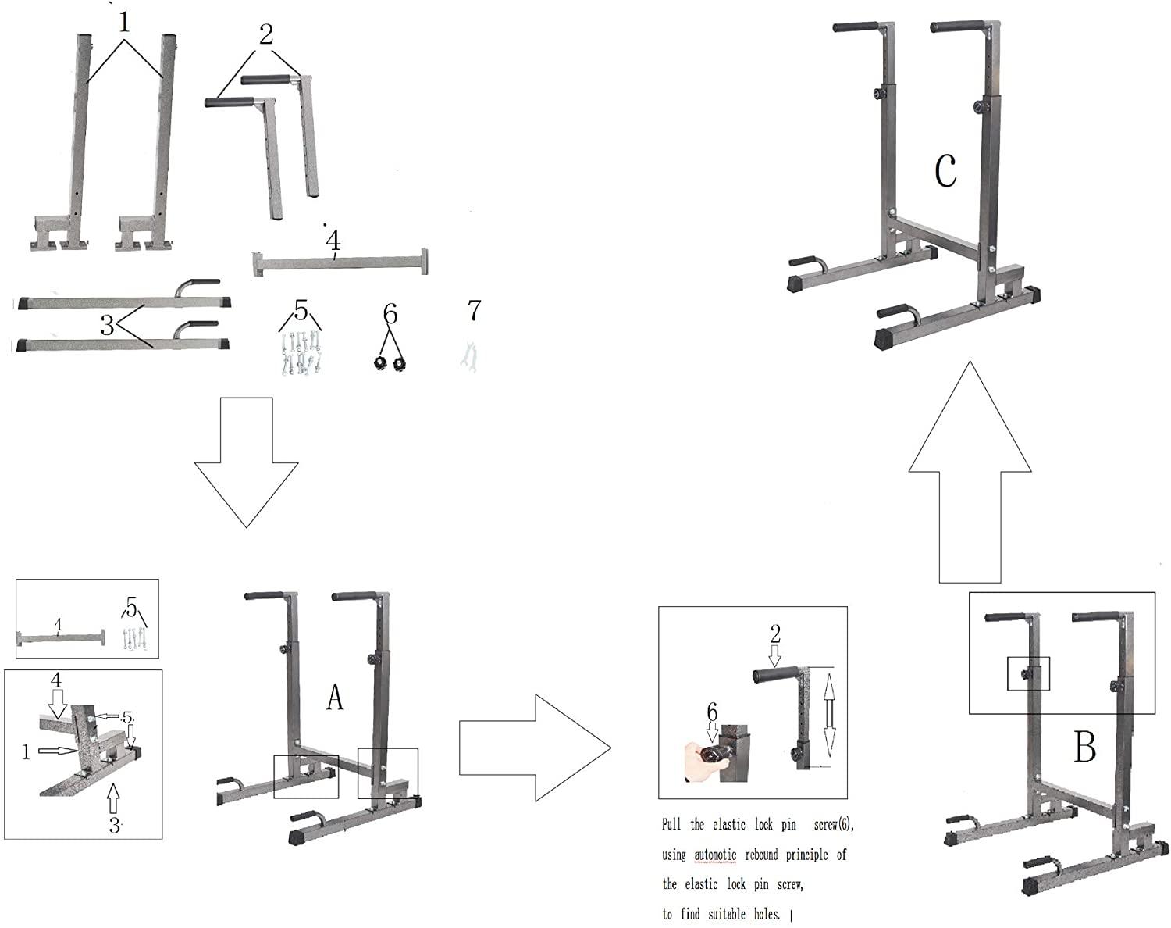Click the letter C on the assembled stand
[x=945, y=171]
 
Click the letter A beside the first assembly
[x=334, y=698]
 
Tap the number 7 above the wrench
[x=474, y=311]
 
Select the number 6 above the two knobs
[x=390, y=314]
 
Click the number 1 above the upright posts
[x=124, y=23]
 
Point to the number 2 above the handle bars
[x=266, y=34]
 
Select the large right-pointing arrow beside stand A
[x=534, y=748]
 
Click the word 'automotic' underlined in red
[x=715, y=855]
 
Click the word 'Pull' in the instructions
[x=671, y=825]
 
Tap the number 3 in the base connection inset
[x=115, y=825]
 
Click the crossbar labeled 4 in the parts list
[x=340, y=262]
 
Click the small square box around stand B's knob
[x=1029, y=673]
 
